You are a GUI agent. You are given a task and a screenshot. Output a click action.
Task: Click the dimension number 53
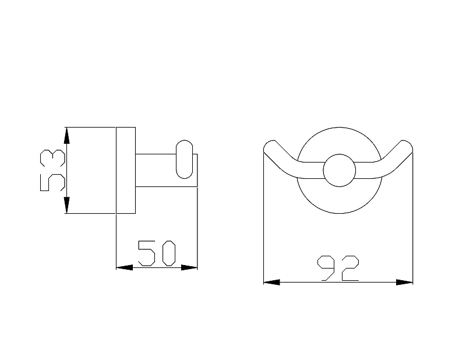point(52,170)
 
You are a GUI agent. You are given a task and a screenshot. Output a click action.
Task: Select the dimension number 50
point(157,253)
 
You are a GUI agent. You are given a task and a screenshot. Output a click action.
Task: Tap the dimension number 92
point(338,268)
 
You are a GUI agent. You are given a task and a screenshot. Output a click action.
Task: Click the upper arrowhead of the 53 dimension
point(67,136)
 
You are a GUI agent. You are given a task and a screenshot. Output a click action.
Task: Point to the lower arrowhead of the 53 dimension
point(67,205)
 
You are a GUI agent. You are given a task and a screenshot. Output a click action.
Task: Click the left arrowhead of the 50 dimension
point(124,267)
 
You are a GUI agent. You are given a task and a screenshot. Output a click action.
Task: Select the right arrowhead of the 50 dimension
point(189,267)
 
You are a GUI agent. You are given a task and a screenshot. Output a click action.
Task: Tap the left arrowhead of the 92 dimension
point(271,282)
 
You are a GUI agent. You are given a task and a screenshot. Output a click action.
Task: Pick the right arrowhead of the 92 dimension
point(404,282)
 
